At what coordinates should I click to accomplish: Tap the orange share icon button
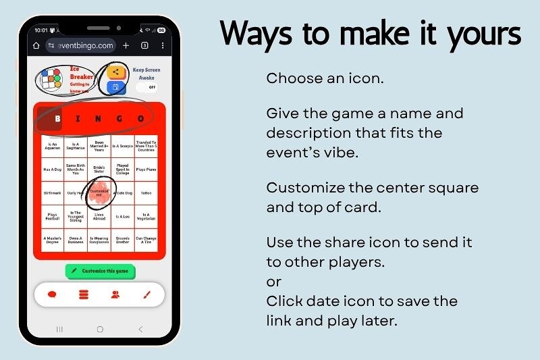point(116,72)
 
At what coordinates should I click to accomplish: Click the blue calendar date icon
point(115,87)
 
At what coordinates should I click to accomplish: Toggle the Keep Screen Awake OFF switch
point(146,87)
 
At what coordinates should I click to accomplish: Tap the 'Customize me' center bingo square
point(99,192)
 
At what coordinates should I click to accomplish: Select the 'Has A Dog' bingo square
point(53,170)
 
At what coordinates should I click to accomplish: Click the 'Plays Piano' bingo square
point(146,170)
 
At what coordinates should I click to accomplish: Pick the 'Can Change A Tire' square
point(146,240)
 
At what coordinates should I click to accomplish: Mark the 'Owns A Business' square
point(76,240)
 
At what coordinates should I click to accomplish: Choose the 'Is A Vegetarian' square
point(146,217)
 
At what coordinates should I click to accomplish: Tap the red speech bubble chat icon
point(52,294)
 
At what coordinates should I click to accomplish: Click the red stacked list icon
point(84,294)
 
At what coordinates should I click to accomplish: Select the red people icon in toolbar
point(115,294)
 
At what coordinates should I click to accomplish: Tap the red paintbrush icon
point(146,294)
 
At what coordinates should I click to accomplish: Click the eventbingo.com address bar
point(82,45)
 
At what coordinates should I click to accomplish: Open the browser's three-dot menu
point(161,45)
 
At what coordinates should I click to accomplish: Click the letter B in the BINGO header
point(57,119)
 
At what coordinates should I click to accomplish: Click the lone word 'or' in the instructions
point(273,281)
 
